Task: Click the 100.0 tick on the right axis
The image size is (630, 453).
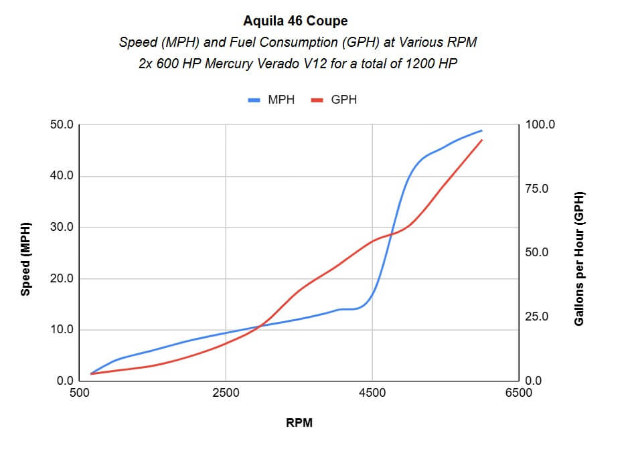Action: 540,125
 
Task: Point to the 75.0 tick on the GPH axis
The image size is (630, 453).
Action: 538,189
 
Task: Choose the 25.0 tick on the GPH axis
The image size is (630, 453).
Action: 538,316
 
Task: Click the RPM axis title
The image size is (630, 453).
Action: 299,423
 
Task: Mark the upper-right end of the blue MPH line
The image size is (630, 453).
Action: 482,130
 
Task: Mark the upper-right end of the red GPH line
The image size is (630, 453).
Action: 482,140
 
